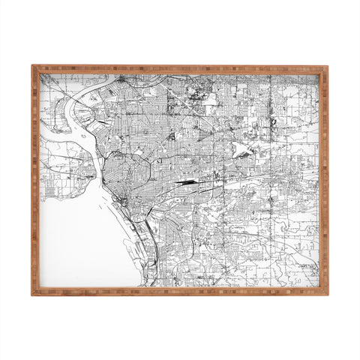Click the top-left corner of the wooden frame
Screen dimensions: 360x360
pyautogui.click(x=33, y=67)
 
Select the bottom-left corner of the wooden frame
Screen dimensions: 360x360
pyautogui.click(x=33, y=293)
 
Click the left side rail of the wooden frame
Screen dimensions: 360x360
pyautogui.click(x=34, y=180)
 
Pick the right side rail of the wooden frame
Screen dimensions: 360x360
pyautogui.click(x=324, y=180)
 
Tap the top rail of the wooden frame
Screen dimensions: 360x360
pyautogui.click(x=180, y=68)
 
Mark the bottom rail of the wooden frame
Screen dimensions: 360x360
pyautogui.click(x=180, y=291)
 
